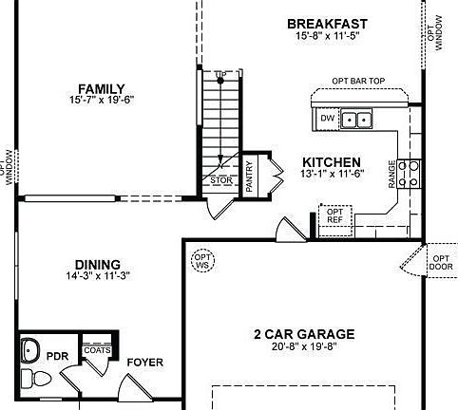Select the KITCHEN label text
pos(331,162)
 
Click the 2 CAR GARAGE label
pos(303,334)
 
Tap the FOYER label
pos(145,363)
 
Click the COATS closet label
pos(97,349)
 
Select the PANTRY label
pos(249,176)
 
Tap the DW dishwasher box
pos(326,119)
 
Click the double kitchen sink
pos(357,120)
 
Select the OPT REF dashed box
pos(334,215)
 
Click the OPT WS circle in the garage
pos(203,259)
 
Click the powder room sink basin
pos(30,347)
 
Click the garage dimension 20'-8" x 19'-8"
pos(303,347)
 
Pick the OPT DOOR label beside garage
pos(442,262)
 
